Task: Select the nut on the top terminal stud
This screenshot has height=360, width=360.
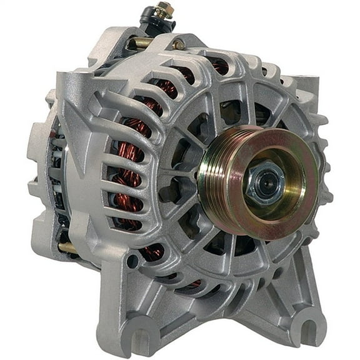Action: (164, 11)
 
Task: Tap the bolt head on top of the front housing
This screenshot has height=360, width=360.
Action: (179, 44)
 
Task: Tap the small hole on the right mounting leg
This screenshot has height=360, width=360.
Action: (277, 256)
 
